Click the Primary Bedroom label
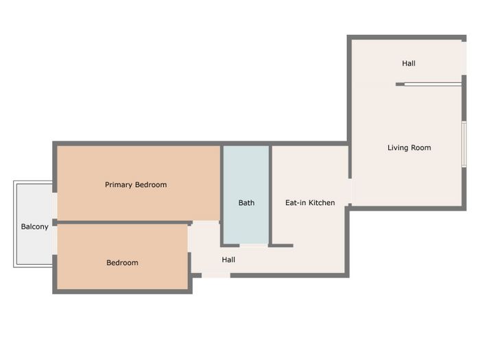pos(136,184)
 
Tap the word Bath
pos(246,203)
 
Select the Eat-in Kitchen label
pos(310,203)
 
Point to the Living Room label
pos(409,148)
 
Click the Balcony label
pos(34,227)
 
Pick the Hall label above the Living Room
pos(409,63)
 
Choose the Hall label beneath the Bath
pos(228,260)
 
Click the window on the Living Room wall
pos(464,144)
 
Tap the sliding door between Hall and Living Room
pos(433,84)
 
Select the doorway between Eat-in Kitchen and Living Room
pos(350,191)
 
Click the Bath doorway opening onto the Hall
pos(254,245)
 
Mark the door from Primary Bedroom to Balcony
pos(54,206)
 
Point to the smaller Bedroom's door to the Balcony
pos(54,241)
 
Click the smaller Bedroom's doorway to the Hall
pos(189,239)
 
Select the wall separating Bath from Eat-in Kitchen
pos(270,195)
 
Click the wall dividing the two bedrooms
pos(123,223)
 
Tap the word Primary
pos(119,185)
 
